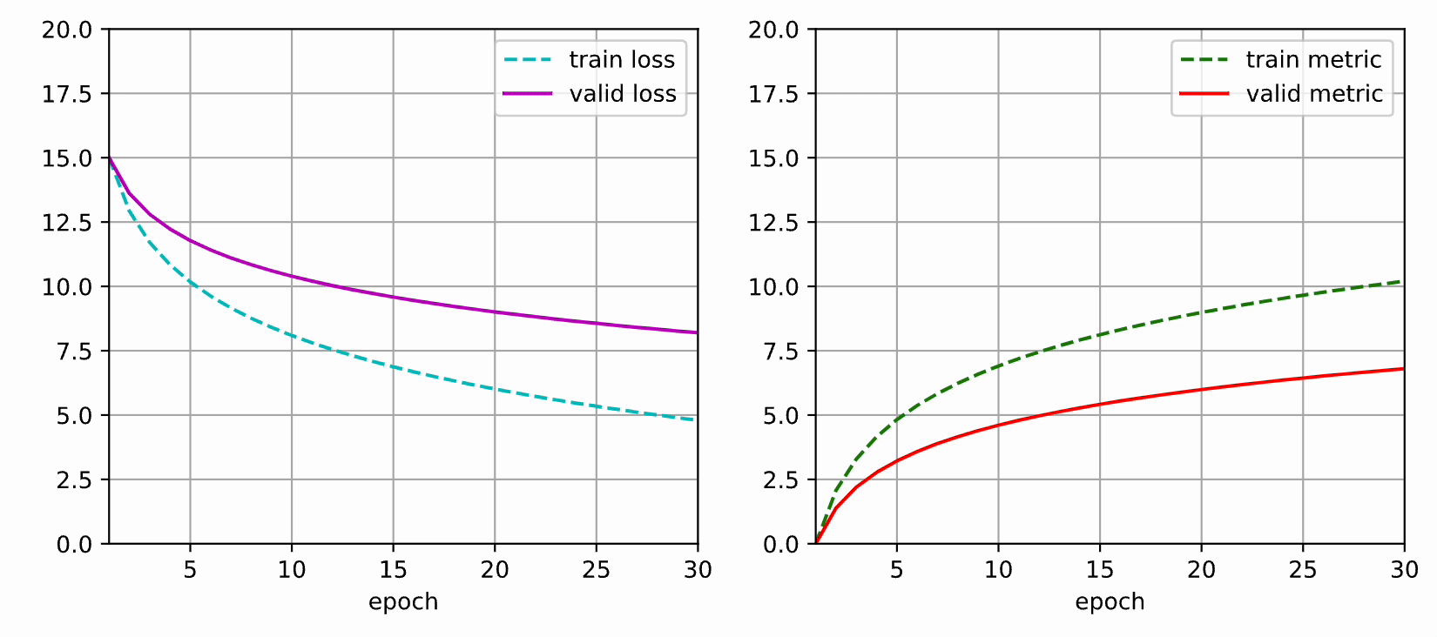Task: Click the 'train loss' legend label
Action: (x=622, y=59)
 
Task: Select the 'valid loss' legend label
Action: (x=623, y=94)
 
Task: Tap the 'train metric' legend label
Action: (x=1313, y=59)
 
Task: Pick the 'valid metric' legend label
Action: (x=1314, y=94)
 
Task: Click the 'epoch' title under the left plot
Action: (x=403, y=602)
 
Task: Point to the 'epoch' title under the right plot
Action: (x=1110, y=602)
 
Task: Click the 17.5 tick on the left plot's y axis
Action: (x=67, y=94)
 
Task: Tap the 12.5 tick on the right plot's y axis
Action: (x=773, y=223)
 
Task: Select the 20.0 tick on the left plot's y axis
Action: (x=67, y=30)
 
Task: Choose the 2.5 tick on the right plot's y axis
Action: (x=780, y=480)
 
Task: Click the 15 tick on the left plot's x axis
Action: (x=393, y=570)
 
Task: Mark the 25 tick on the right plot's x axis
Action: (x=1303, y=570)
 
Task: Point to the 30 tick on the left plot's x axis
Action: (x=698, y=570)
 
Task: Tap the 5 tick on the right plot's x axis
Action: (x=896, y=570)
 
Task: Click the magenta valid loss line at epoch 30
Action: (x=697, y=332)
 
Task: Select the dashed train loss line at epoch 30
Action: (x=696, y=420)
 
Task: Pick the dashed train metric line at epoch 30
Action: (x=1402, y=281)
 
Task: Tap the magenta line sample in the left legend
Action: (x=528, y=94)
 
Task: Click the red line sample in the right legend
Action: (x=1204, y=94)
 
